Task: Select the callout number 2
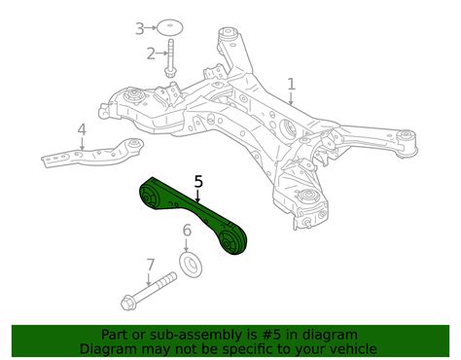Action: [151, 53]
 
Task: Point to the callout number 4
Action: [82, 129]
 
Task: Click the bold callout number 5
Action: [198, 181]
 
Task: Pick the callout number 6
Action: [187, 231]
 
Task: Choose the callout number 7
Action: [150, 264]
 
